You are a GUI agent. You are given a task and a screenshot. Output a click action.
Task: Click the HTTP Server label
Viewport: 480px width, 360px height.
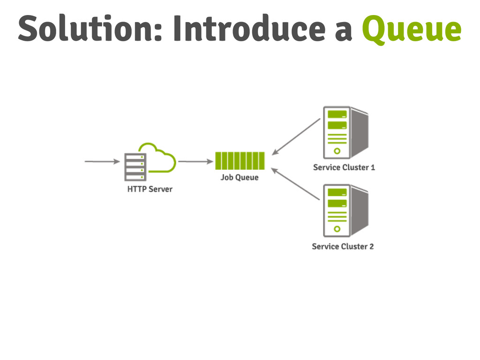[x=150, y=189]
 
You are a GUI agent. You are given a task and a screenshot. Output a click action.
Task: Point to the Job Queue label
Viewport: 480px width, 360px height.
[x=240, y=178]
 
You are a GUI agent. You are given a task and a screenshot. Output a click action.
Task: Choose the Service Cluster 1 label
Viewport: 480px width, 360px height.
[x=344, y=167]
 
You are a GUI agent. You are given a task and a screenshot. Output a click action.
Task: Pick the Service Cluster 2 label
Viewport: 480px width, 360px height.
[x=343, y=246]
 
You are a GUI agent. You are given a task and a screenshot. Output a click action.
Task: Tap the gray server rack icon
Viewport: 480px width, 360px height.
[x=135, y=167]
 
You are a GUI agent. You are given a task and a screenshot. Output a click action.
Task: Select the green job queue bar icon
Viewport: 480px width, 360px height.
[x=240, y=161]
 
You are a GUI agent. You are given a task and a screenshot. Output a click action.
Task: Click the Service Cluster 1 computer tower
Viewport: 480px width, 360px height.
[x=345, y=133]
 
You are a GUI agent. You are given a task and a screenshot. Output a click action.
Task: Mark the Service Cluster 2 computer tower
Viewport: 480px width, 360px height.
[x=345, y=210]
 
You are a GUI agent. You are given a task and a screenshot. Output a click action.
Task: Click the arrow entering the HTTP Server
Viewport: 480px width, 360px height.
[x=102, y=162]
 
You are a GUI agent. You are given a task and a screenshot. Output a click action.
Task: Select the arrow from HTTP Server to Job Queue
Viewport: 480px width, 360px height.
[x=196, y=162]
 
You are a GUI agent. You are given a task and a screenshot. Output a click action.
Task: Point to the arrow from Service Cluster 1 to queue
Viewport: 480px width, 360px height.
[x=296, y=136]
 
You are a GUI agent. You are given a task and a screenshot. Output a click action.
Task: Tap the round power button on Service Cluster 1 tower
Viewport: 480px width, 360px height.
[x=337, y=151]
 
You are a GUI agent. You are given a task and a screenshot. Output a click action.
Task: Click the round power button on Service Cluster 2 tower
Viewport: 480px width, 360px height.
[x=337, y=229]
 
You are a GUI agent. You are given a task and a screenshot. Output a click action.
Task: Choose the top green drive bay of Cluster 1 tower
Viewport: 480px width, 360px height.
[x=337, y=114]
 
